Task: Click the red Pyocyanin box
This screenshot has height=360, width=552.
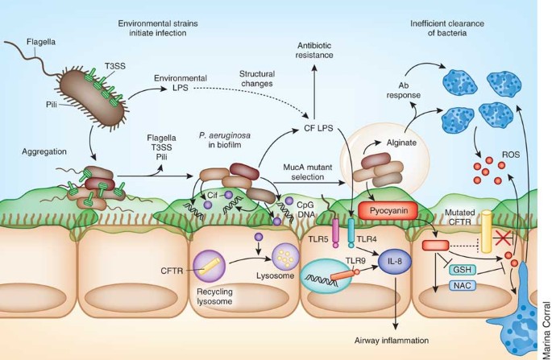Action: click(x=388, y=211)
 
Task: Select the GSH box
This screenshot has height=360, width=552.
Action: click(x=463, y=270)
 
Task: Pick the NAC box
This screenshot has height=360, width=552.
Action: click(x=463, y=285)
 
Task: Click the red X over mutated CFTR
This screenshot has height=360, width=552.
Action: click(x=504, y=239)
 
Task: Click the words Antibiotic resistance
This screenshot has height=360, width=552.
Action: click(x=314, y=50)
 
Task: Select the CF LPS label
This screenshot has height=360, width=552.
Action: click(x=318, y=128)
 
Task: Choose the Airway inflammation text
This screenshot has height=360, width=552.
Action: click(x=392, y=341)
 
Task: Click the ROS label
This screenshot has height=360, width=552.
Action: click(x=511, y=155)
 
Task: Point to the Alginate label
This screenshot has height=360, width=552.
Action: click(x=401, y=143)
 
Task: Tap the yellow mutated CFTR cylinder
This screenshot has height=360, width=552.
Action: click(x=486, y=231)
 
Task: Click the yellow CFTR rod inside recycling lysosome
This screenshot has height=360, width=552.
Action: click(x=210, y=267)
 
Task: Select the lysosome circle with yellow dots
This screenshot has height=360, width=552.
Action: click(x=285, y=259)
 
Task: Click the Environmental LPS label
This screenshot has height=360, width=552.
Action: click(x=181, y=83)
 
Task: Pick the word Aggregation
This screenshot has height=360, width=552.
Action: click(x=44, y=151)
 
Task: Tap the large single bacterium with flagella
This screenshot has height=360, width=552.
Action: click(x=93, y=97)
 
